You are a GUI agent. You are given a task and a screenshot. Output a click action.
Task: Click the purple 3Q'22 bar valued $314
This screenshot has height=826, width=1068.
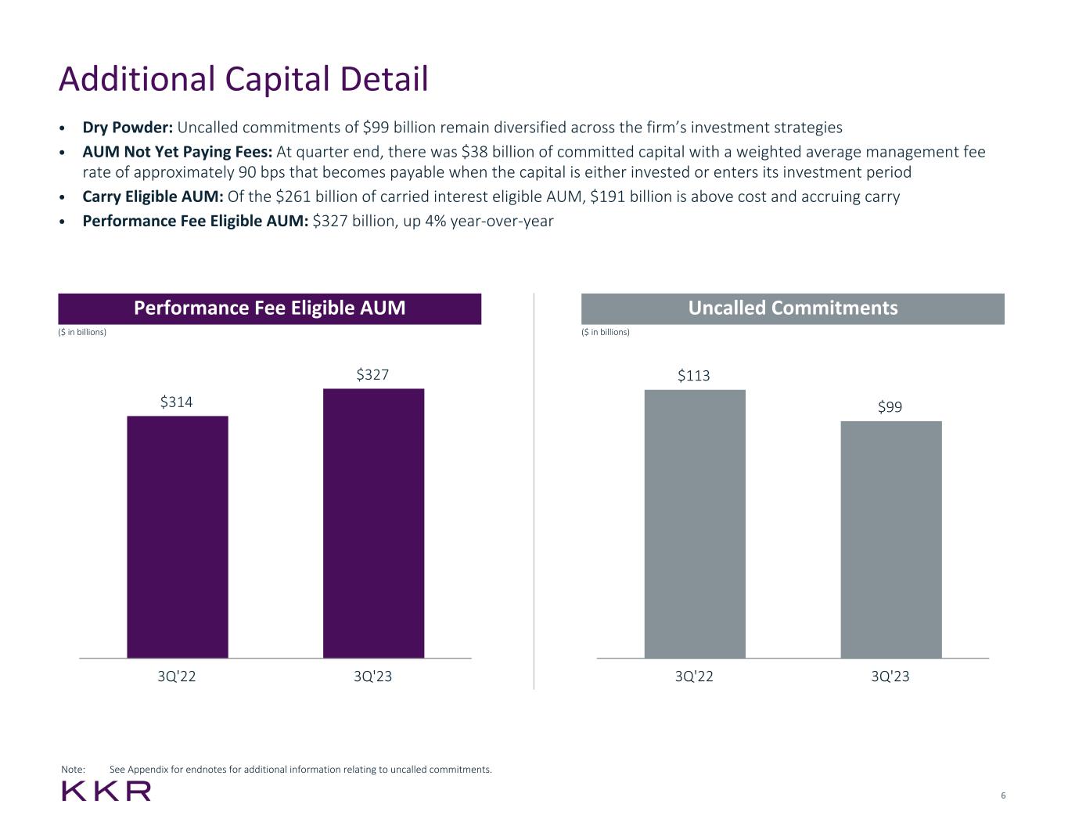(178, 536)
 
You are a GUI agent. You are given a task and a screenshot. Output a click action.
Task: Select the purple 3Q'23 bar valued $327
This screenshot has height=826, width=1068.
(373, 523)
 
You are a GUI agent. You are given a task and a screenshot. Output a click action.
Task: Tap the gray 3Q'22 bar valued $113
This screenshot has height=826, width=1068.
(695, 523)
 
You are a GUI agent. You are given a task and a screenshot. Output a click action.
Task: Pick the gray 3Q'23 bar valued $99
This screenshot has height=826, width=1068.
(891, 539)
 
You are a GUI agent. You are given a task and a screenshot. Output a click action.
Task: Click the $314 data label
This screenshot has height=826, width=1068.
(177, 402)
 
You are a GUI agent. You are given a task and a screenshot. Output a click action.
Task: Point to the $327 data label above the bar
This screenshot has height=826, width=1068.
(373, 375)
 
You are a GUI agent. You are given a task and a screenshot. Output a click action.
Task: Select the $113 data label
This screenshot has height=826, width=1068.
(694, 376)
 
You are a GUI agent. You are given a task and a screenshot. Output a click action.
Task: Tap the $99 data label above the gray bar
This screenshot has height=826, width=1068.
(890, 407)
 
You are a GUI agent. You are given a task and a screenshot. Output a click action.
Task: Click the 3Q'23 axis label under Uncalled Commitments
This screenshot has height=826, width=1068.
(890, 676)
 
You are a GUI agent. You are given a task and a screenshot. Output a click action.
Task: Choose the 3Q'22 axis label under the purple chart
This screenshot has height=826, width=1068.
(177, 676)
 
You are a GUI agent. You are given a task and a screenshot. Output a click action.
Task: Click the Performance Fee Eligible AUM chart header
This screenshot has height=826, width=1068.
(270, 308)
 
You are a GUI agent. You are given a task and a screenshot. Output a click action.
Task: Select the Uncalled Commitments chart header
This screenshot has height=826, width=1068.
(793, 308)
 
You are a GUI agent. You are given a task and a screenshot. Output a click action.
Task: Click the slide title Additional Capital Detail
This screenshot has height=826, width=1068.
(243, 80)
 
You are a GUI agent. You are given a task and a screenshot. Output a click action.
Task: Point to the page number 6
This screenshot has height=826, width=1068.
(1003, 796)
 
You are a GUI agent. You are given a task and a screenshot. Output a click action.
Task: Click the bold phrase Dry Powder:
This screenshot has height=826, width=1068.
(128, 128)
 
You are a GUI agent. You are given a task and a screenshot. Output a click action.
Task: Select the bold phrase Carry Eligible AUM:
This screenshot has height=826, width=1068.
(153, 197)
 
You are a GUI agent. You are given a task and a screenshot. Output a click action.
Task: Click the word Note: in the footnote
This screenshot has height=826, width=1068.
(74, 770)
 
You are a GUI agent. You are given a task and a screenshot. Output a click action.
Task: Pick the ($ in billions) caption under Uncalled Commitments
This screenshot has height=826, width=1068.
(606, 332)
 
